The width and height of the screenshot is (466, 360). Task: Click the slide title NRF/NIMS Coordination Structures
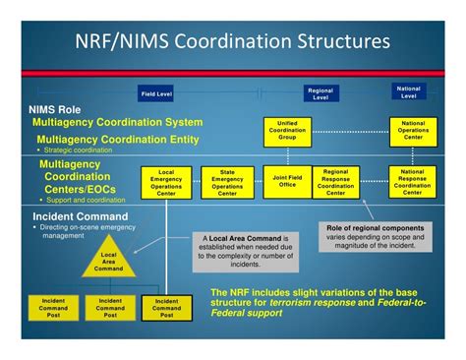233,42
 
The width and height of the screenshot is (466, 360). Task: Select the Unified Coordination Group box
288,131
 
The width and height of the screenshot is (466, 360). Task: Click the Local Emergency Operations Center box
166,182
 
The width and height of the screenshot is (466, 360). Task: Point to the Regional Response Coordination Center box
335,182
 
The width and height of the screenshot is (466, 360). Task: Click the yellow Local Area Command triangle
109,264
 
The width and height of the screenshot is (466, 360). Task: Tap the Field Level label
156,93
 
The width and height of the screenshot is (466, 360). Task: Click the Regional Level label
321,93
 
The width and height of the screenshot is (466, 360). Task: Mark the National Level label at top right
409,91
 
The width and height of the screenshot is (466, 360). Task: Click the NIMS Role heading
55,109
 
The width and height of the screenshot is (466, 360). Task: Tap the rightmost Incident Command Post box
166,308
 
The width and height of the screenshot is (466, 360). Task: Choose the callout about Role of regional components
376,235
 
